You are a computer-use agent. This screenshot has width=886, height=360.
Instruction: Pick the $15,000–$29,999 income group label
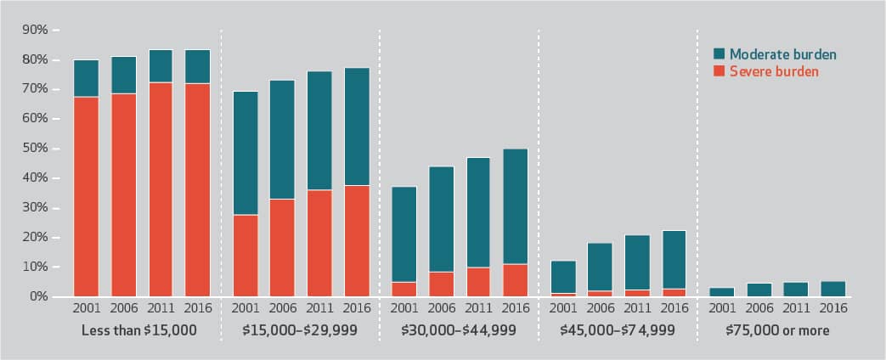[x=300, y=330]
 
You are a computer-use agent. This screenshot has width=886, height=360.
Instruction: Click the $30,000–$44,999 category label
[x=459, y=330]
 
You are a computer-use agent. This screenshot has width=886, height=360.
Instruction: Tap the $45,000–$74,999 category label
[x=617, y=330]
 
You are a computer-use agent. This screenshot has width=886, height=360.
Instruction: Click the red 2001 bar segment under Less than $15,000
[x=87, y=197]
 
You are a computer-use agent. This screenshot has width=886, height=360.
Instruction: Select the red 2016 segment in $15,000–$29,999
[x=356, y=249]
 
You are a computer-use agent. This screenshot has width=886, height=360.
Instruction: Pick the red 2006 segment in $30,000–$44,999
[x=441, y=284]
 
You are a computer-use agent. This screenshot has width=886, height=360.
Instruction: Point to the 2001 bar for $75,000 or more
[x=720, y=292]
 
